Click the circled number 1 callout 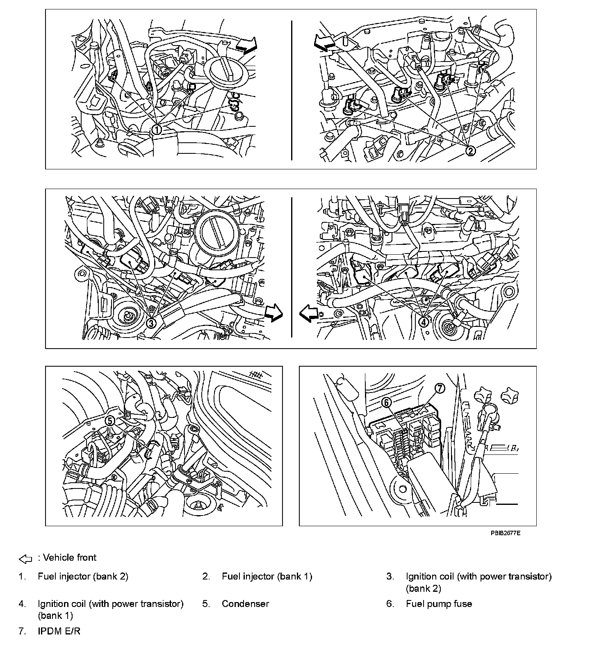(x=156, y=130)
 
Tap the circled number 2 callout (x=470, y=151)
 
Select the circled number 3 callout (x=151, y=323)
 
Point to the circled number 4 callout (x=424, y=322)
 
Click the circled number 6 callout (x=386, y=403)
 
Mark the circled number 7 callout (x=439, y=388)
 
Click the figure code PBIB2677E (x=506, y=533)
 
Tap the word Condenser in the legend (x=245, y=604)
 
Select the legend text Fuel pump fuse (x=439, y=604)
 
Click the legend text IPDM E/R (x=59, y=631)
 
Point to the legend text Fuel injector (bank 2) (x=83, y=576)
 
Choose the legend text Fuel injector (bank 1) (x=267, y=576)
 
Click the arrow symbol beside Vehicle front (x=25, y=558)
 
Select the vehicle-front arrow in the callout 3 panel (x=273, y=313)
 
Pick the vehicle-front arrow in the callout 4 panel (x=309, y=314)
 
